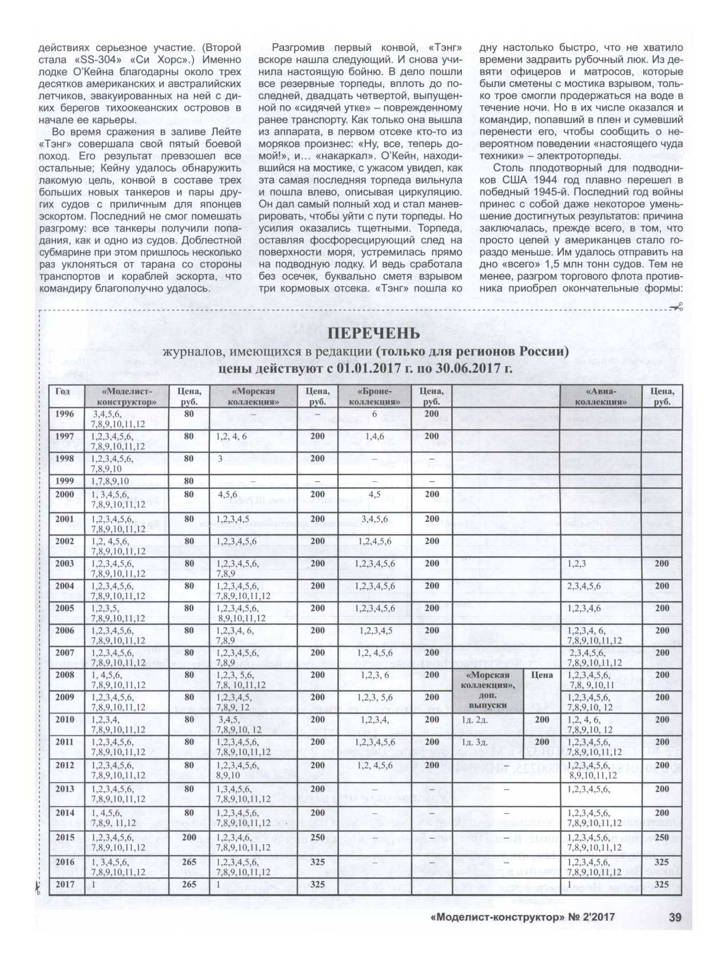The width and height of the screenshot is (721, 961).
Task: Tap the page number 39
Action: click(x=675, y=933)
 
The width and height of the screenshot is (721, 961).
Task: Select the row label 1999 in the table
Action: click(x=65, y=481)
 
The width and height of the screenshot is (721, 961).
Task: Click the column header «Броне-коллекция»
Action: click(x=375, y=396)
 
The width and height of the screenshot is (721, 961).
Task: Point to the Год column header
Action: click(x=63, y=392)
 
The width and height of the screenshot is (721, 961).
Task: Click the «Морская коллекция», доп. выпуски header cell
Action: click(x=488, y=691)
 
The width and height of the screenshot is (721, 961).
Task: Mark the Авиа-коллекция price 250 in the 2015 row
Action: click(x=662, y=837)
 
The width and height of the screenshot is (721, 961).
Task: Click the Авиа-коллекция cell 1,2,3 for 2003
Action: click(x=577, y=564)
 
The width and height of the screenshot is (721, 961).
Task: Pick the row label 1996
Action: click(x=65, y=413)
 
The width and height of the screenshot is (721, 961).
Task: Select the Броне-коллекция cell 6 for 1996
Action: click(x=375, y=413)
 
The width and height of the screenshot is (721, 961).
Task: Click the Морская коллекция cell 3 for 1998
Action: click(x=220, y=458)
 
